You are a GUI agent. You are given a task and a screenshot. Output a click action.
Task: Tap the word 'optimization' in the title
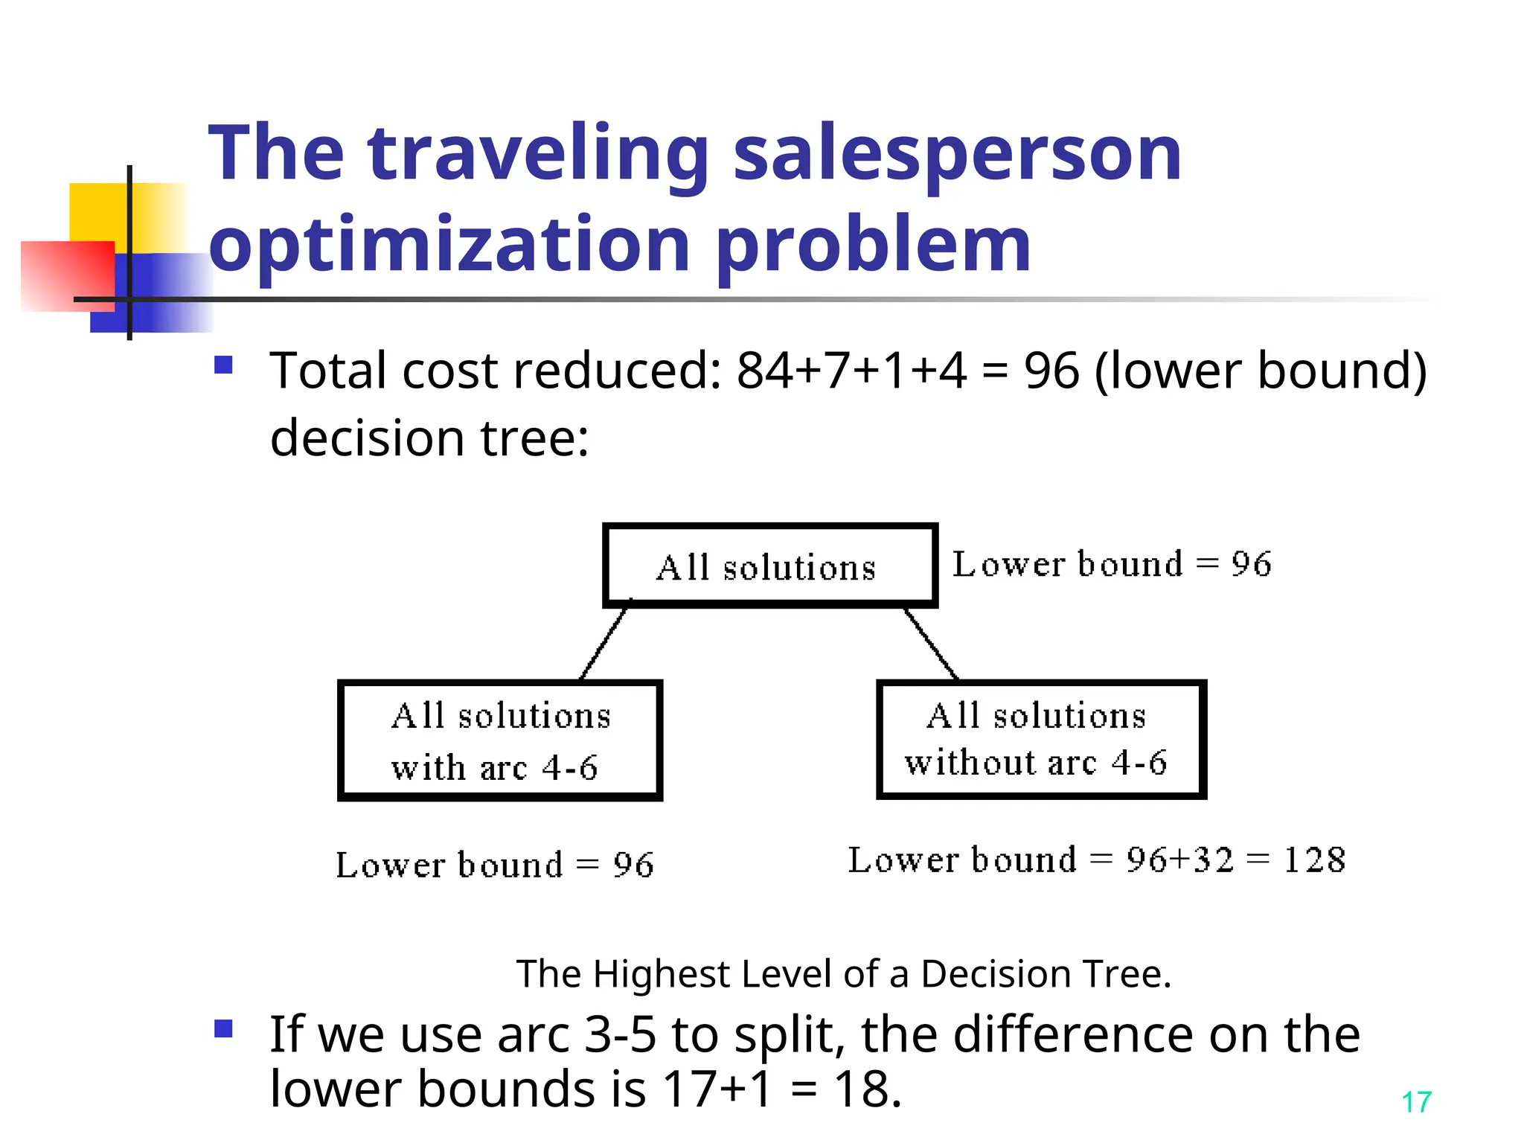pyautogui.click(x=449, y=245)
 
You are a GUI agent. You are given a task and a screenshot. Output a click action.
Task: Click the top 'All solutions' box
pyautogui.click(x=769, y=566)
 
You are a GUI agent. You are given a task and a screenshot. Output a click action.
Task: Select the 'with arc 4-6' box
pyautogui.click(x=499, y=740)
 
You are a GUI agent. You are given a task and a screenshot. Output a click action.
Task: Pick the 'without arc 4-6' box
pyautogui.click(x=1040, y=739)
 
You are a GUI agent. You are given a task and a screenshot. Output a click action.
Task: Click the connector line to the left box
pyautogui.click(x=603, y=642)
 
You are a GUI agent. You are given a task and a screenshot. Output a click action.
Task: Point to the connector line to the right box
pyautogui.click(x=931, y=643)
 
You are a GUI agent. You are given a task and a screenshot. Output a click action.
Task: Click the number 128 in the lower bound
pyautogui.click(x=1314, y=860)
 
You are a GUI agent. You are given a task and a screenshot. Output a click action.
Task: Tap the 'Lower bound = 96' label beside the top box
pyautogui.click(x=1112, y=564)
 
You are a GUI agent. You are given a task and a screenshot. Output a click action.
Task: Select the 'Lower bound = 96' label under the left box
pyautogui.click(x=495, y=865)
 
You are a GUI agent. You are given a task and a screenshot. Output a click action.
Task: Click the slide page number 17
pyautogui.click(x=1415, y=1102)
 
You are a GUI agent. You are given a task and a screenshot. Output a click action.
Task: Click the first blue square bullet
pyautogui.click(x=223, y=365)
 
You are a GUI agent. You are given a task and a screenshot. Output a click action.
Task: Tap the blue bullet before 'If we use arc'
pyautogui.click(x=223, y=1028)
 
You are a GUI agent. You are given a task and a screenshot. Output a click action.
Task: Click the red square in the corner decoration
pyautogui.click(x=67, y=275)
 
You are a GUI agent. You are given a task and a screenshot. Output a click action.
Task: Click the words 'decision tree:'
pyautogui.click(x=429, y=438)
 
